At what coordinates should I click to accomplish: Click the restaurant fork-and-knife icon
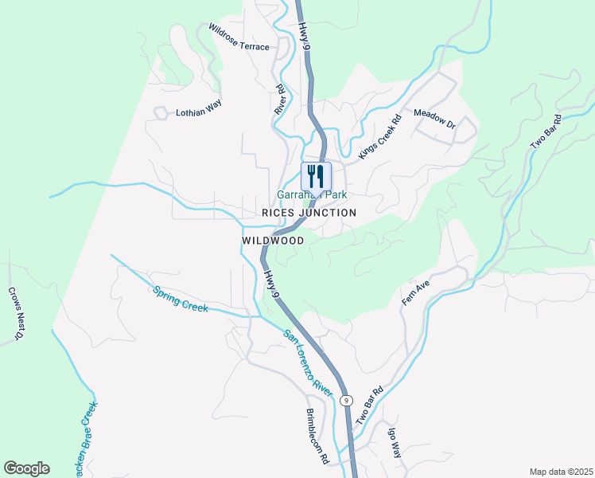tap(316, 175)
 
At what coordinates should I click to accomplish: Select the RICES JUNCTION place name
tap(309, 213)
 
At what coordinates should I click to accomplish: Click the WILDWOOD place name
tap(273, 240)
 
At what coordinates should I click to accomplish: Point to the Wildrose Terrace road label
tap(239, 37)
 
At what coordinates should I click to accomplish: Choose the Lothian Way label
tap(198, 108)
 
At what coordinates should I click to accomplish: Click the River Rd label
tap(279, 100)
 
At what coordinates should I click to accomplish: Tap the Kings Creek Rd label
tap(379, 135)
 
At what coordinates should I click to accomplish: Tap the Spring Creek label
tap(181, 299)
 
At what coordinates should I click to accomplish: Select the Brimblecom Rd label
tap(317, 437)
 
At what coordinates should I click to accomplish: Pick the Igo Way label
tap(394, 443)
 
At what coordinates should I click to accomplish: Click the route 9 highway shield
tap(346, 400)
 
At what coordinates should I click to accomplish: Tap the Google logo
tap(26, 468)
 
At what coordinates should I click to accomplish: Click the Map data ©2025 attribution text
tap(561, 472)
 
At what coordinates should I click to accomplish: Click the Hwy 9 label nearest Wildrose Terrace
tap(305, 36)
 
